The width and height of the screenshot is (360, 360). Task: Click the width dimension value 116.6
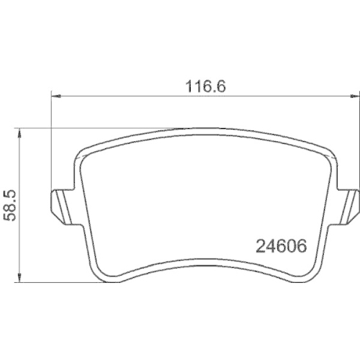(206, 86)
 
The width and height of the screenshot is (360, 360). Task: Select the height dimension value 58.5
(9, 205)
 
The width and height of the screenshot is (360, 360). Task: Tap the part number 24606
(282, 246)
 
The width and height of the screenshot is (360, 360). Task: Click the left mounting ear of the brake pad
(62, 207)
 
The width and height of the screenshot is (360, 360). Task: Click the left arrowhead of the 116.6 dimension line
(56, 96)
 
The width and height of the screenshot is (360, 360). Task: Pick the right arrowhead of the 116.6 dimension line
(355, 96)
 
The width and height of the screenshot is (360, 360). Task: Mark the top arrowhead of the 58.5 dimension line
(19, 133)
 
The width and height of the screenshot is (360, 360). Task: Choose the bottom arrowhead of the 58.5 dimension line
(19, 277)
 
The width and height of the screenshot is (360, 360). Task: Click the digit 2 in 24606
(261, 246)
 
